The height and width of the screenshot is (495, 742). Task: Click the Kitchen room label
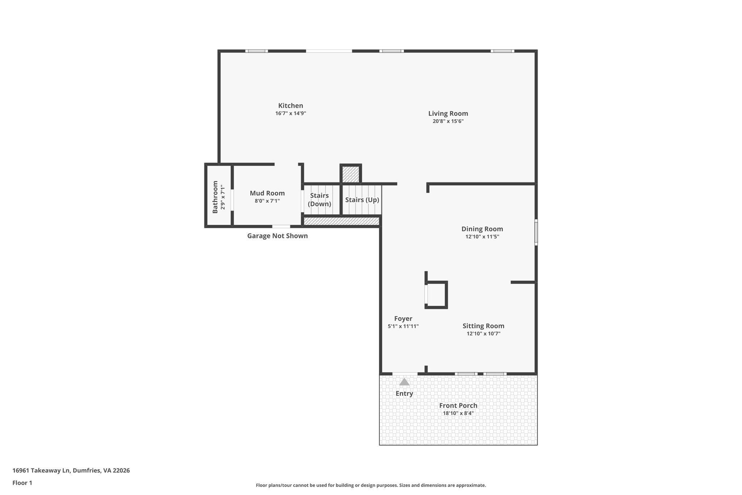pyautogui.click(x=291, y=106)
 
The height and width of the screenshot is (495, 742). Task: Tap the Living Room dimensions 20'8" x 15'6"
pyautogui.click(x=448, y=121)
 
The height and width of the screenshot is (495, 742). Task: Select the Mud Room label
pyautogui.click(x=267, y=193)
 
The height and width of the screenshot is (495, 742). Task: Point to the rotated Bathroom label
pyautogui.click(x=215, y=197)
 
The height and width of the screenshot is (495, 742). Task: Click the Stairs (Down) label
pyautogui.click(x=319, y=200)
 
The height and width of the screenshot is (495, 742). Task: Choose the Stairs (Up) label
pyautogui.click(x=362, y=200)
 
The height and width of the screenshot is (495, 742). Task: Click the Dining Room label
pyautogui.click(x=482, y=229)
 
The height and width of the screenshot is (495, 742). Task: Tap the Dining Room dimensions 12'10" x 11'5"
pyautogui.click(x=482, y=237)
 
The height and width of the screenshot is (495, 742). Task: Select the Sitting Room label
pyautogui.click(x=483, y=326)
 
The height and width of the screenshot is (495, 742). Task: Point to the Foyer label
pyautogui.click(x=403, y=318)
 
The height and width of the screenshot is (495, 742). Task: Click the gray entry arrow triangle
pyautogui.click(x=404, y=382)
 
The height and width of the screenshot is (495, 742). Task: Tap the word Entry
pyautogui.click(x=404, y=393)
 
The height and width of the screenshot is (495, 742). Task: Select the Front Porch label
pyautogui.click(x=458, y=405)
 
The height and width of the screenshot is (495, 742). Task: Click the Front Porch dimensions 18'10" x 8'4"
pyautogui.click(x=458, y=413)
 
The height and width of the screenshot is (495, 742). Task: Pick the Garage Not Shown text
pyautogui.click(x=278, y=236)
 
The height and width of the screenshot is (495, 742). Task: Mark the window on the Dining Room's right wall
pyautogui.click(x=536, y=232)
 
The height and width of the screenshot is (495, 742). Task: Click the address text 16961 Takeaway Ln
pyautogui.click(x=41, y=470)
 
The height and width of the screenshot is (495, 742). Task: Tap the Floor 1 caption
pyautogui.click(x=22, y=483)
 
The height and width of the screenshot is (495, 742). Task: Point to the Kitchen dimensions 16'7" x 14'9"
pyautogui.click(x=291, y=114)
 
